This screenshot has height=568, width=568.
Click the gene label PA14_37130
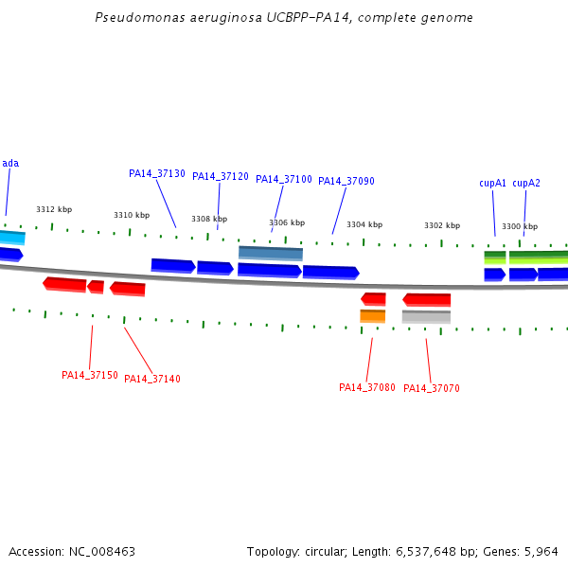click(x=157, y=173)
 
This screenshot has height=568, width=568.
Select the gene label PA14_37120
click(x=221, y=176)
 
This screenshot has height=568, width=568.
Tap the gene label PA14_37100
click(x=284, y=179)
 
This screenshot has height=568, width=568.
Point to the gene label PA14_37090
click(x=346, y=181)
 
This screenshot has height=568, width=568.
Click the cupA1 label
click(x=492, y=183)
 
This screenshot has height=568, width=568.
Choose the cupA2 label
click(x=526, y=183)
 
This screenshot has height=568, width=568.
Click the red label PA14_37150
click(x=90, y=375)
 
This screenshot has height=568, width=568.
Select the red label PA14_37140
click(x=152, y=379)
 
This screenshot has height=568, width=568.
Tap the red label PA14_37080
click(x=367, y=387)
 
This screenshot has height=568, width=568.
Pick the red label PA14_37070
click(x=432, y=388)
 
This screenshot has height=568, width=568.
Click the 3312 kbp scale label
click(x=54, y=209)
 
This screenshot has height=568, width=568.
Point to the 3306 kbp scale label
click(x=287, y=222)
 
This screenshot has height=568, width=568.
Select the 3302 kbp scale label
click(x=442, y=225)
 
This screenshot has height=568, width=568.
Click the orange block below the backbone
click(x=373, y=316)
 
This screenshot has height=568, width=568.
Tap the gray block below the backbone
click(x=426, y=317)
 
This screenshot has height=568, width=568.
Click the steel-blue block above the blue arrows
click(x=271, y=253)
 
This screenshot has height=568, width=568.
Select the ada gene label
click(x=10, y=163)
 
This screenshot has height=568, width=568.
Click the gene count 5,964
click(x=541, y=551)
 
